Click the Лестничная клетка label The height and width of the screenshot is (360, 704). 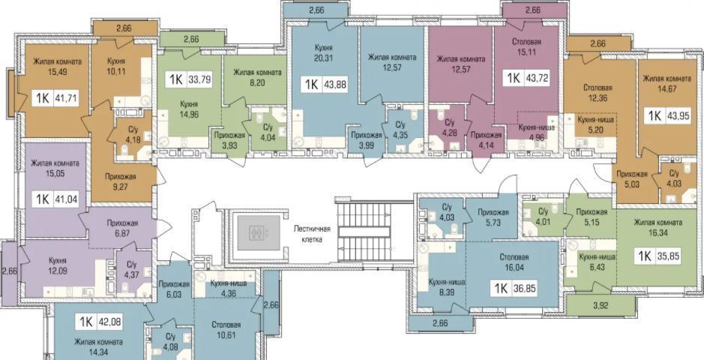(312, 234)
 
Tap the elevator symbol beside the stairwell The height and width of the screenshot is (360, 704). (258, 232)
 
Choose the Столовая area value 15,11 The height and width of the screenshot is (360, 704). (526, 51)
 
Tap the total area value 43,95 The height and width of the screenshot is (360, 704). (675, 115)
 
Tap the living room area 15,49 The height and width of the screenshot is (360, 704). (57, 71)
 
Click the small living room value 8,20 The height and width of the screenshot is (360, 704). (257, 82)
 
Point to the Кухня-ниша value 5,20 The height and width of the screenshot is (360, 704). (595, 130)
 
